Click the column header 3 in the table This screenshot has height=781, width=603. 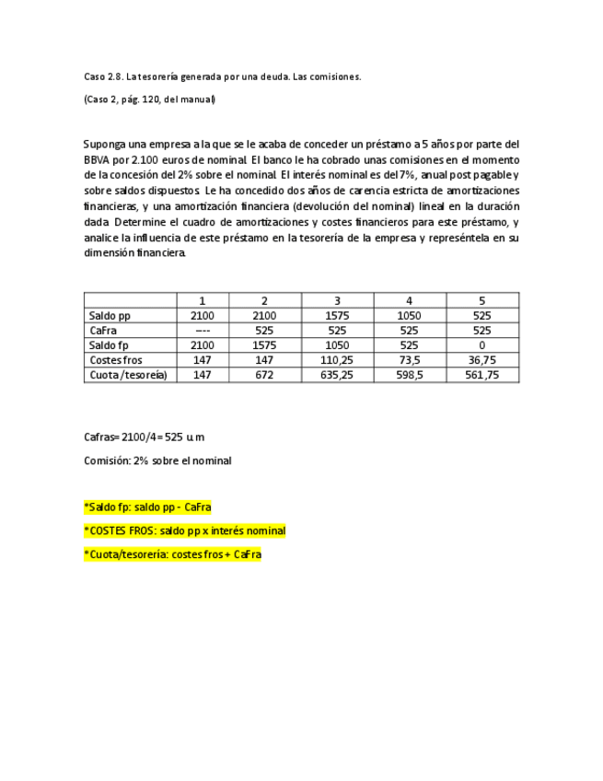tap(337, 301)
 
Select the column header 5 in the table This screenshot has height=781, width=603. tap(482, 301)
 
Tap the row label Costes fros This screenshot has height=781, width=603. tap(116, 360)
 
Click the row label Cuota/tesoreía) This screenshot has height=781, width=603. tap(128, 375)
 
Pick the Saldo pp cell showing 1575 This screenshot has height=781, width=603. tap(337, 316)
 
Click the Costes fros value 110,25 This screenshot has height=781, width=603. tap(337, 360)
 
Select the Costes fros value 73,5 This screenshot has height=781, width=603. tap(410, 360)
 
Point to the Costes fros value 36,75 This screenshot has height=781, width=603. tap(482, 360)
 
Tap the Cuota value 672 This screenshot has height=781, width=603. tap(264, 375)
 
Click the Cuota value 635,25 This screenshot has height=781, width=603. tap(337, 375)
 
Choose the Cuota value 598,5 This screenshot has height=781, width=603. tap(410, 375)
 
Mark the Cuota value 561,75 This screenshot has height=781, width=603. tap(482, 375)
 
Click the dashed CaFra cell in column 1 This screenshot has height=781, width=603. tap(203, 331)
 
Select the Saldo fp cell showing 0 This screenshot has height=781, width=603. tap(482, 345)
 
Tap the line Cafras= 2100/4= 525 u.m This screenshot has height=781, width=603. tap(144, 437)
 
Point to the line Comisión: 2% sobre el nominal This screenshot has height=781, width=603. tap(157, 460)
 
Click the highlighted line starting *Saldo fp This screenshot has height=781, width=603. tap(147, 507)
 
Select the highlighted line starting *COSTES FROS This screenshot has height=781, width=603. tap(184, 531)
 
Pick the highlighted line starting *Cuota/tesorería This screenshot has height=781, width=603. tap(172, 554)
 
